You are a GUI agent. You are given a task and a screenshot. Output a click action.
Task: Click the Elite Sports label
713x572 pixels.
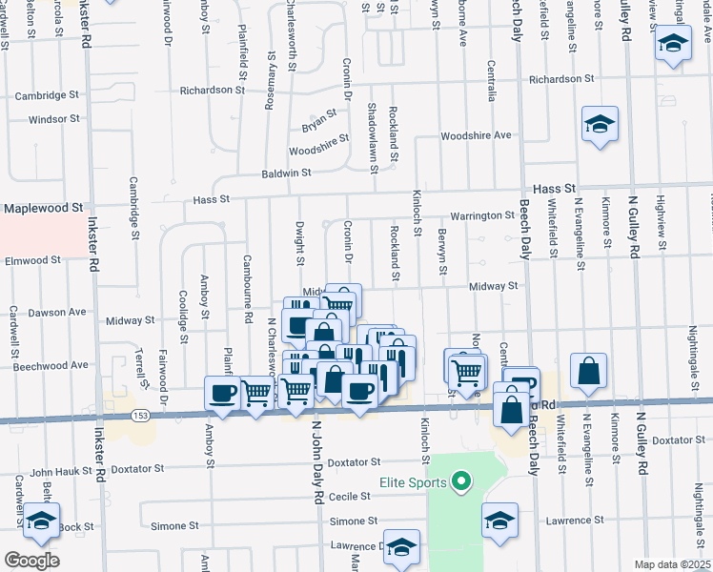pyautogui.click(x=414, y=482)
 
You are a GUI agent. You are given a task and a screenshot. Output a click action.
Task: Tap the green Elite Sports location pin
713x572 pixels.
pyautogui.click(x=462, y=482)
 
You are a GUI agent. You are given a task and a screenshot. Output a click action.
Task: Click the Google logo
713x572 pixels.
pyautogui.click(x=31, y=560)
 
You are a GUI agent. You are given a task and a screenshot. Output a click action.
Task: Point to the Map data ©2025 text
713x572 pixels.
pyautogui.click(x=672, y=564)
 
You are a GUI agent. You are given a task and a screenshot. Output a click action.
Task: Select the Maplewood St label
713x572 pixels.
pyautogui.click(x=44, y=206)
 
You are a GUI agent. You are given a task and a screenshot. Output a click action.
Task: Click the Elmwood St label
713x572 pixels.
pyautogui.click(x=32, y=259)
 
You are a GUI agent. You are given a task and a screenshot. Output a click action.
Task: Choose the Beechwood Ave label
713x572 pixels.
pyautogui.click(x=52, y=364)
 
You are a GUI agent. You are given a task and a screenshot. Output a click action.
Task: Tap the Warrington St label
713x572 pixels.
pyautogui.click(x=482, y=215)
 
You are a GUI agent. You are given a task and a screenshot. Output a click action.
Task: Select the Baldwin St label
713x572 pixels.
pyautogui.click(x=288, y=174)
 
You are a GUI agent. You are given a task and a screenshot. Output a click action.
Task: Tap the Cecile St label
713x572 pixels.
pyautogui.click(x=350, y=497)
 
